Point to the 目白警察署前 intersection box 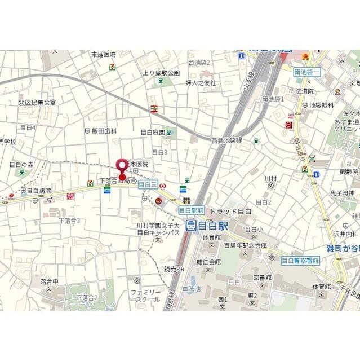pos(300,260)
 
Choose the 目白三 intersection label pos(147,184)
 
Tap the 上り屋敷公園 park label pos(161,73)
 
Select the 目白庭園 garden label pos(153,133)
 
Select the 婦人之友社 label pos(201,83)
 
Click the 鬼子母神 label pos(341,193)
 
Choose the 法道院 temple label pos(304,91)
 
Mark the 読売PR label pos(174,269)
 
